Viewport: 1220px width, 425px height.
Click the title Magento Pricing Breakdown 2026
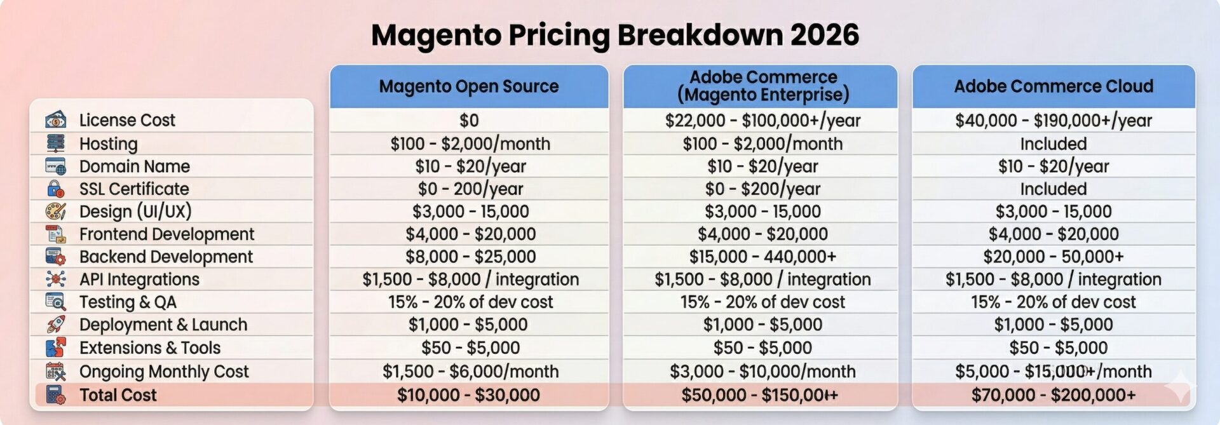pos(614,35)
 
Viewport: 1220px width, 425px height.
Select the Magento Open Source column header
pos(469,86)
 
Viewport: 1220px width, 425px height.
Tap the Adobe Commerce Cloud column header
pos(1054,86)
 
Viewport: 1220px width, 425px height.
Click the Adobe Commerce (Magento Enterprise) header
pos(763,86)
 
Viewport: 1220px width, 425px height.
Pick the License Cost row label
pos(127,120)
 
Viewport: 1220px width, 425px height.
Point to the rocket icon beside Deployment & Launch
pos(56,325)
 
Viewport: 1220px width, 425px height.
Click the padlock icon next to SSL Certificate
pos(56,189)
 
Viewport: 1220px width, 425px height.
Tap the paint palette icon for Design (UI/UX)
pos(56,212)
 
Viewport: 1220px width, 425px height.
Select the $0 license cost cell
pos(469,120)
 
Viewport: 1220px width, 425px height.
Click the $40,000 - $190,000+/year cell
pos(1054,120)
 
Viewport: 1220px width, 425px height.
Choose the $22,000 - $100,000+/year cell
pos(762,120)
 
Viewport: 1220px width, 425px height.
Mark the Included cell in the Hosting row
pos(1054,144)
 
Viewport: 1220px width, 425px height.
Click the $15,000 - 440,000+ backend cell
pos(762,257)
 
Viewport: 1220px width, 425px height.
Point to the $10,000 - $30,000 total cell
pos(469,395)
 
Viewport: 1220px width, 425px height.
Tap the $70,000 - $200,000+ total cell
pos(1054,395)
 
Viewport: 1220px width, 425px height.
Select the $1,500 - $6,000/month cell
pos(470,372)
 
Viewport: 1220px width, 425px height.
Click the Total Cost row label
pos(118,395)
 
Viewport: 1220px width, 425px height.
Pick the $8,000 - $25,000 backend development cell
pos(470,257)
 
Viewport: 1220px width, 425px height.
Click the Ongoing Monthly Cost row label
pos(164,372)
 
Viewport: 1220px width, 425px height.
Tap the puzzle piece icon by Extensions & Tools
pos(56,347)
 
